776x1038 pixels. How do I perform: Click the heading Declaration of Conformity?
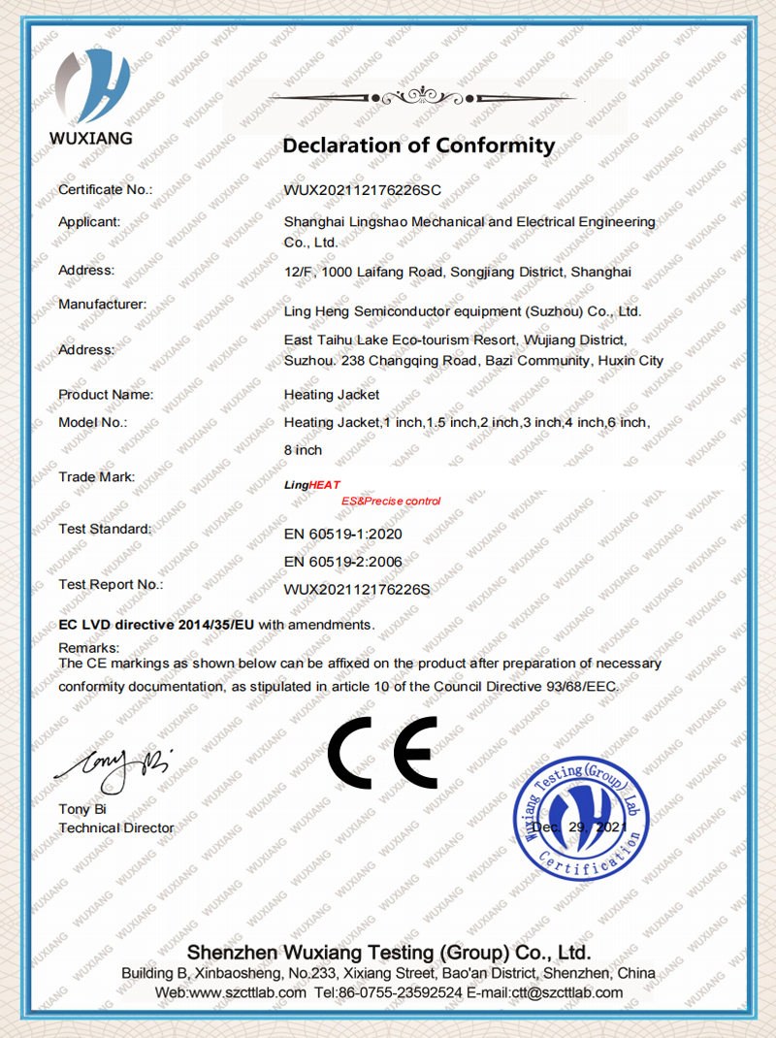click(x=418, y=146)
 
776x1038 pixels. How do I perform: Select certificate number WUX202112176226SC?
click(x=363, y=190)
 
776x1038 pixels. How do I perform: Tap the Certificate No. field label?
click(x=106, y=189)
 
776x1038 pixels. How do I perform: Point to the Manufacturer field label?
click(x=102, y=304)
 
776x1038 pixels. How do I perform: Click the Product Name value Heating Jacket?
click(x=332, y=395)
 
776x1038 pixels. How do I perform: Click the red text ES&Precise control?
click(x=391, y=501)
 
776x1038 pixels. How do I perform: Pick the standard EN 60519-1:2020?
click(x=342, y=535)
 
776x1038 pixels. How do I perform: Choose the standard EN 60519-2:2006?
click(x=342, y=561)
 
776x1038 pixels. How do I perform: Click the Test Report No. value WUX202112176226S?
click(x=357, y=588)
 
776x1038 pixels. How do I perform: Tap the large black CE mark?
click(x=382, y=754)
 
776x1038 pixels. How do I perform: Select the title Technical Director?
click(x=116, y=827)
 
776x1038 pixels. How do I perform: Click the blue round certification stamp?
click(x=580, y=817)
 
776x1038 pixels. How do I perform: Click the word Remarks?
click(x=89, y=647)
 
